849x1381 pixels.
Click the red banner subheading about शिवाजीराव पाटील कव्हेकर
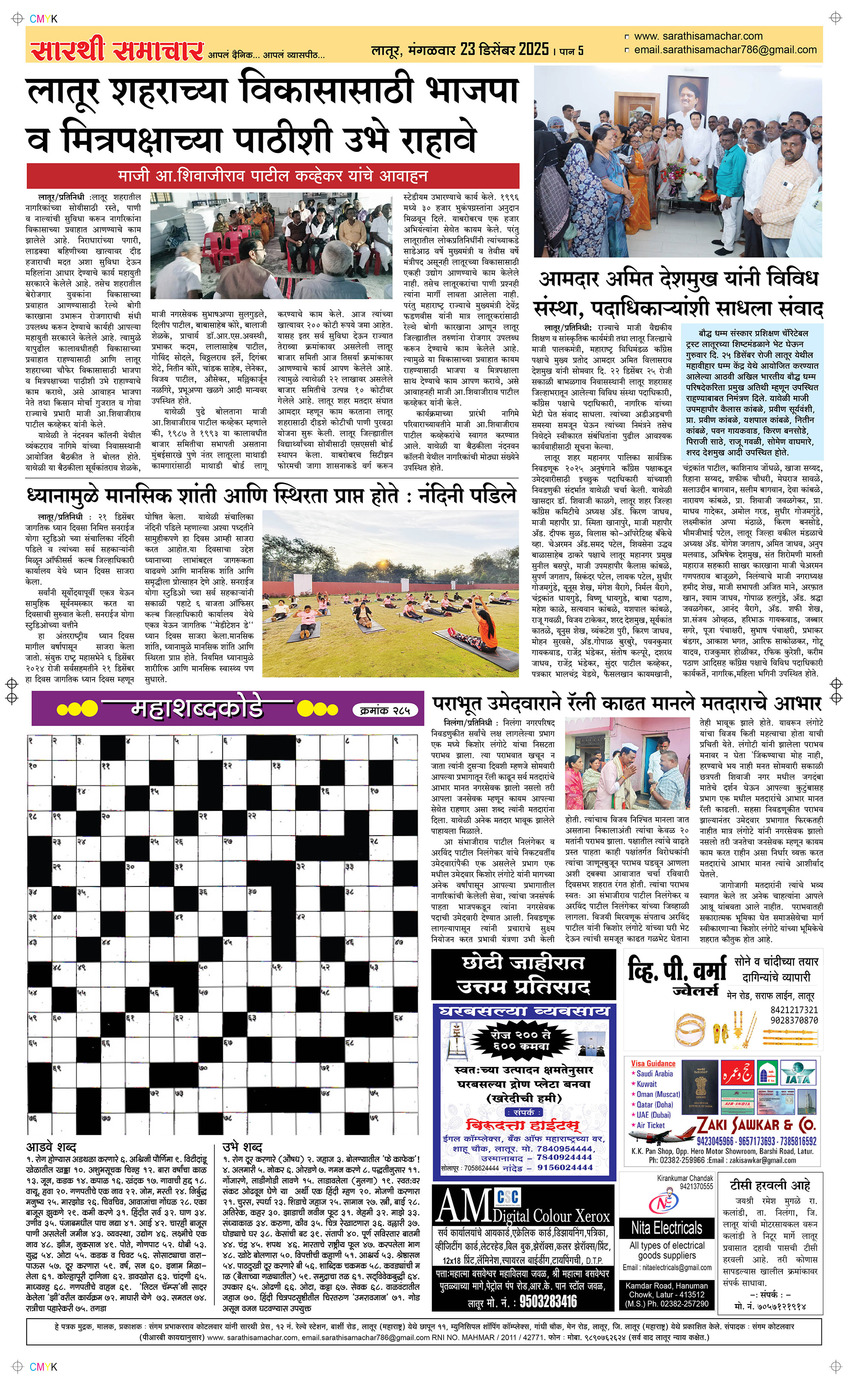pyautogui.click(x=273, y=176)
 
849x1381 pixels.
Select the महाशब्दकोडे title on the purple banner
pyautogui.click(x=197, y=709)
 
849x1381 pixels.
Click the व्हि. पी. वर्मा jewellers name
pyautogui.click(x=677, y=971)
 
